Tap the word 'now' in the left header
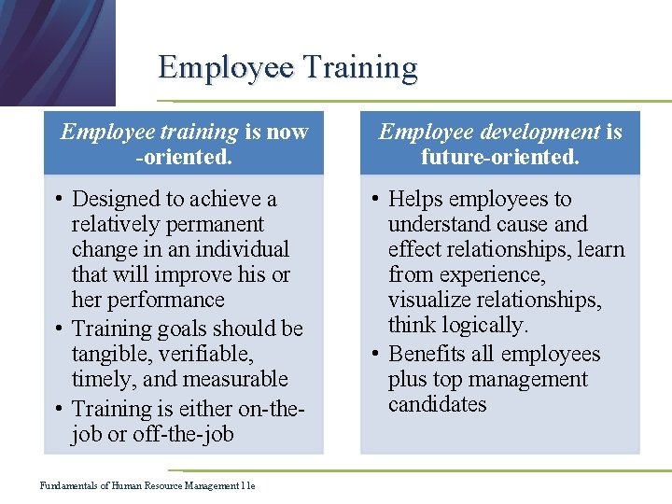point(287,132)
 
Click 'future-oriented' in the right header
point(499,157)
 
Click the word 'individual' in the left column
point(241,249)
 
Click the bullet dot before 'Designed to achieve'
point(58,200)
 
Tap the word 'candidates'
point(437,404)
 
